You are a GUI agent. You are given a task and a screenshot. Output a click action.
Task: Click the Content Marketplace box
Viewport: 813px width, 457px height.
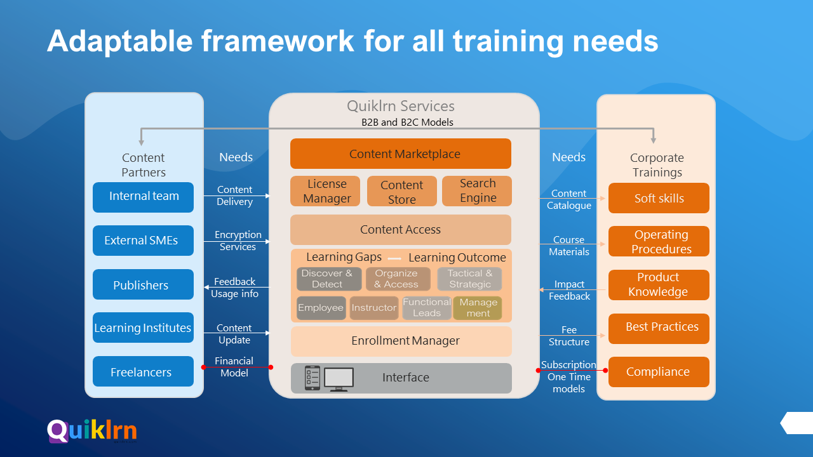click(x=400, y=154)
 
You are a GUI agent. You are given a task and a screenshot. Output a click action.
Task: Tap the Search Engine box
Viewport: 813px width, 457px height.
click(x=477, y=191)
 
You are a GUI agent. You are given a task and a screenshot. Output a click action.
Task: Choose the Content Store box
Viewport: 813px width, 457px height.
click(x=401, y=192)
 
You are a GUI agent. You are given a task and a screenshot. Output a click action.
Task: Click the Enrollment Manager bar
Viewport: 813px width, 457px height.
click(x=401, y=341)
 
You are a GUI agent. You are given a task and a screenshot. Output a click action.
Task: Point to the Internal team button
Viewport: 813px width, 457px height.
click(x=143, y=197)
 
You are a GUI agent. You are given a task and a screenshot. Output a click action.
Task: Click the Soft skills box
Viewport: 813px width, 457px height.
click(x=659, y=198)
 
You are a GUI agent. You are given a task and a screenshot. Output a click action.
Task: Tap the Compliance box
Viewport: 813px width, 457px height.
click(x=659, y=372)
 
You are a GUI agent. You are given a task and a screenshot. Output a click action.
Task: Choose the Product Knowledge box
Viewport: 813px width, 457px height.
click(x=659, y=285)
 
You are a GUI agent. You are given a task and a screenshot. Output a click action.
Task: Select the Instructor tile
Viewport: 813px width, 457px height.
click(x=373, y=308)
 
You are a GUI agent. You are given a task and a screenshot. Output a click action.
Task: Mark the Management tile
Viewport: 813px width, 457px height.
click(x=478, y=308)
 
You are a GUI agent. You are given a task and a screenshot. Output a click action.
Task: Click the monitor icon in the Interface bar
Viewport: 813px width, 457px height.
click(x=339, y=379)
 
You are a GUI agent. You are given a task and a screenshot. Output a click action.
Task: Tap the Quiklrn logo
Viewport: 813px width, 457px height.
click(x=92, y=431)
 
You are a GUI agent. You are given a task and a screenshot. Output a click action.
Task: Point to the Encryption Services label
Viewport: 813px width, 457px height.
click(x=238, y=241)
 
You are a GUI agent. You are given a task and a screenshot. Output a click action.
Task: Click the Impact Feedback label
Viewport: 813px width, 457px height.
click(x=569, y=290)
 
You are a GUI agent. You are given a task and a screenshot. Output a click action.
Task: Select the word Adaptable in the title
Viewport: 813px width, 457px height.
click(x=119, y=41)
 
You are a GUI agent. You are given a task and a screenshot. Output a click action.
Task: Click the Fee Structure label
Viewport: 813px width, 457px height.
click(x=569, y=336)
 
